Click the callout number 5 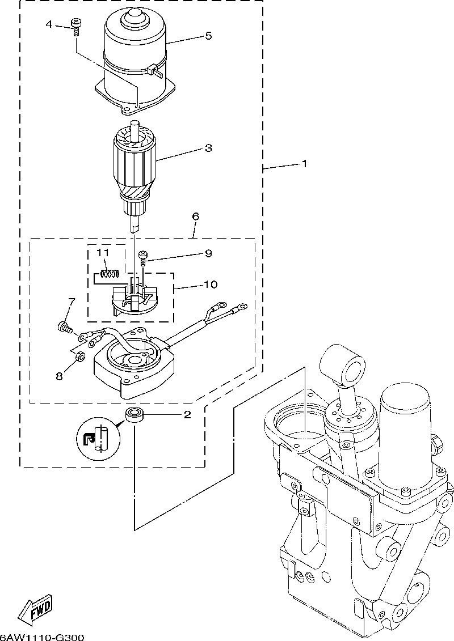208,36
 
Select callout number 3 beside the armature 208,147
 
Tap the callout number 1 304,164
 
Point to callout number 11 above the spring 103,253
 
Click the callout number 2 187,415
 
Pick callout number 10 211,284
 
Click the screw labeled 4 75,27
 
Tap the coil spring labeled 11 110,274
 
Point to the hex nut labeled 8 80,356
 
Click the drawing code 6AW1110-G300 42,637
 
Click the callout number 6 195,217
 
